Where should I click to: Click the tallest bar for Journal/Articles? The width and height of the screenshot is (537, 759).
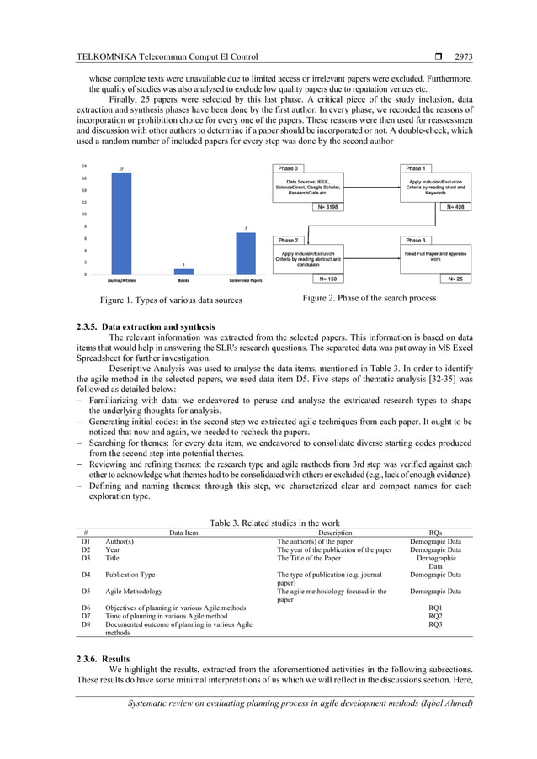[x=123, y=223]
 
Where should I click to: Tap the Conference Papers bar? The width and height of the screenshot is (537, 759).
[x=246, y=253]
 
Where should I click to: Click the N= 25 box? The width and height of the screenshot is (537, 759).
[x=455, y=279]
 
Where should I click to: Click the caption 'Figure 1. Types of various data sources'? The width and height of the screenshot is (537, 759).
[x=171, y=300]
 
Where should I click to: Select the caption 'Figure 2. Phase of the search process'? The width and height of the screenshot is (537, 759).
[x=370, y=299]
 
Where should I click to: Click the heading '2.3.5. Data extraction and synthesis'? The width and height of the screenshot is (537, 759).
[x=145, y=326]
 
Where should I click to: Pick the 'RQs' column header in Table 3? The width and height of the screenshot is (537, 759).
[x=435, y=533]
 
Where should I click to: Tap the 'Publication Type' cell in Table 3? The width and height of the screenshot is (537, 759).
[x=130, y=575]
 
